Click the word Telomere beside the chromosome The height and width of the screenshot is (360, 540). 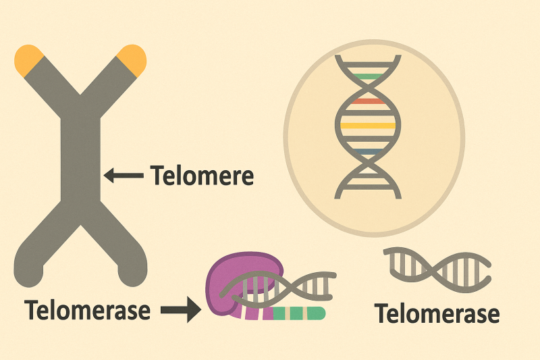coord(202,176)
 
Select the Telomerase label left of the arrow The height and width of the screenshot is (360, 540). coord(87,311)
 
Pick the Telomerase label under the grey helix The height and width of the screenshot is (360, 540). coord(437,313)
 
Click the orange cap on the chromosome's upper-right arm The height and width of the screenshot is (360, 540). coord(131,59)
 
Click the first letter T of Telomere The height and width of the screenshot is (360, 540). coord(157,176)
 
